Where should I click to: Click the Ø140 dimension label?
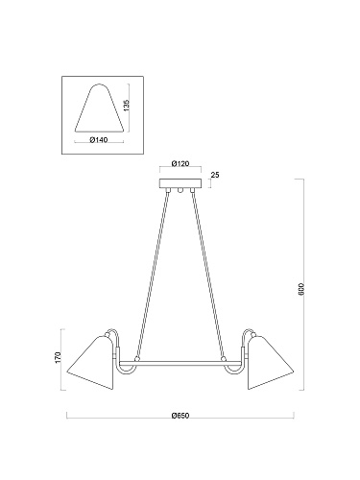[x=99, y=140]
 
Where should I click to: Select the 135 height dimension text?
[x=127, y=106]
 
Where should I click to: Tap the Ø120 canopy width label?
[x=180, y=163]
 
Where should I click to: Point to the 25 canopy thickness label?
[x=215, y=175]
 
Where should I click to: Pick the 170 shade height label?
[x=58, y=357]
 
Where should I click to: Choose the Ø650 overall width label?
[x=180, y=416]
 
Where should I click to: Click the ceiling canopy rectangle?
[x=180, y=183]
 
